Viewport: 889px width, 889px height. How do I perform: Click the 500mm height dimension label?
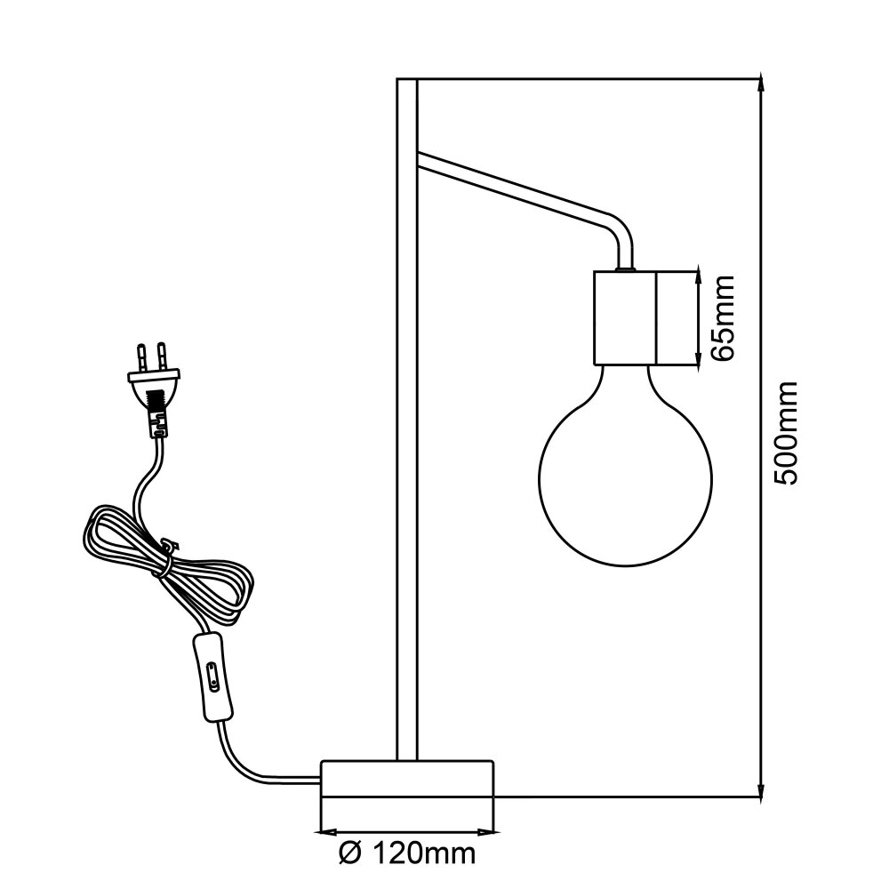786,434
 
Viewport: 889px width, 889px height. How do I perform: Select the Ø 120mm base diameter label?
407,854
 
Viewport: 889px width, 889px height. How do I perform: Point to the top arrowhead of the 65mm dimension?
697,274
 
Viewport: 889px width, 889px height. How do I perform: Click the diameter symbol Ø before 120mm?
350,854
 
